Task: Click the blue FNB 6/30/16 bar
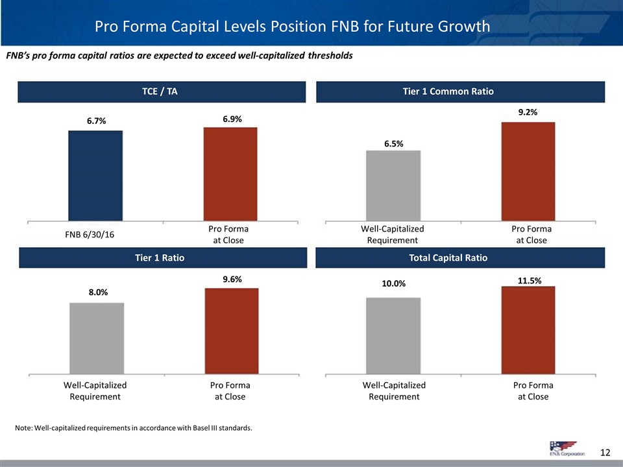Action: coord(95,175)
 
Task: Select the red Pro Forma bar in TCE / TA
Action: coord(230,173)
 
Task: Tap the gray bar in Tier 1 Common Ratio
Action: coord(393,186)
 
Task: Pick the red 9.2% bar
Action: coord(528,171)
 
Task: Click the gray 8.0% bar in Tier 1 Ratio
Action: coord(97,338)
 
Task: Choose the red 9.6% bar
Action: coord(232,331)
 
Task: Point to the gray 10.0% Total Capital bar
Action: coord(393,335)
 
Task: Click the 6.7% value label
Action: coord(96,121)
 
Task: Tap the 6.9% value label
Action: coord(230,119)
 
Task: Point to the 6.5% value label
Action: coord(393,144)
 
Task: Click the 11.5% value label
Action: coord(529,280)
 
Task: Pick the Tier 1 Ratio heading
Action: coord(163,258)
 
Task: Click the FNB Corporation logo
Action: coord(562,448)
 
